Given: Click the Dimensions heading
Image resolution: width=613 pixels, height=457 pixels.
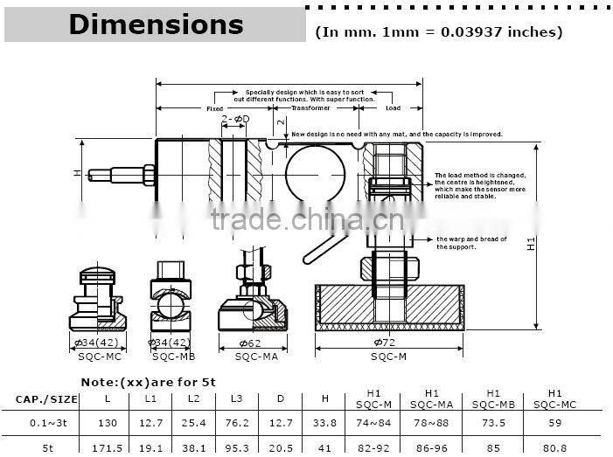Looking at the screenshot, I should (x=156, y=24).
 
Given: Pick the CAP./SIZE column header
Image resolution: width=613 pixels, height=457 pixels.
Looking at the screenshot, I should (x=46, y=399).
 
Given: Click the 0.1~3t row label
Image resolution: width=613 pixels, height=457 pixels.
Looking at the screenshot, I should (x=46, y=423).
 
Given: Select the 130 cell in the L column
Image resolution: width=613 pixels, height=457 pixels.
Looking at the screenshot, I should (x=108, y=423).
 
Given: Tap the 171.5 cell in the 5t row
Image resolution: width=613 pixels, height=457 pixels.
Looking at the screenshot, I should (x=108, y=447).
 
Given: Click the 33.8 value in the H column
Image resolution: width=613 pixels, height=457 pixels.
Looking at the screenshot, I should (x=324, y=423).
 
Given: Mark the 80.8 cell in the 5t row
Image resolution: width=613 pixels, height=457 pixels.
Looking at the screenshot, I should (x=554, y=447).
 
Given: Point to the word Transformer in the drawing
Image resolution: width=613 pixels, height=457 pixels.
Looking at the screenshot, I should (x=310, y=109).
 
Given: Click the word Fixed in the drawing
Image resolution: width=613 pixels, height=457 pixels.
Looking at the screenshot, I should (x=214, y=109).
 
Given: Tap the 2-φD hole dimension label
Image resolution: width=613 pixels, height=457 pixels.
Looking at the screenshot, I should (x=235, y=118).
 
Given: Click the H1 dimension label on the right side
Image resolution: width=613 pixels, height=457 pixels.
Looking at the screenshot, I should (x=531, y=246).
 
